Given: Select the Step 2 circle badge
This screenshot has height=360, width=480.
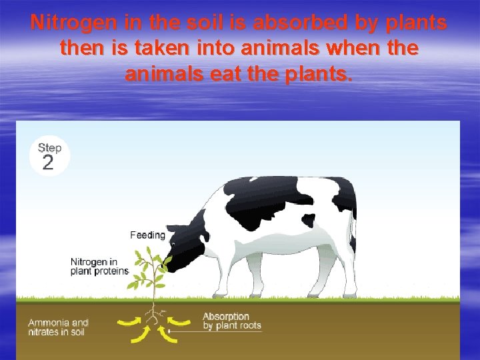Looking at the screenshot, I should pos(50,156).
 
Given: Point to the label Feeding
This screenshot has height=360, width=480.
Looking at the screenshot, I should pos(147,235).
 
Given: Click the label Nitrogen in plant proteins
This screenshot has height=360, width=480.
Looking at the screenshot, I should pos(99,266).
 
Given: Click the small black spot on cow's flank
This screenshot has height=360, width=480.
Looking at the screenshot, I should pos(309,220).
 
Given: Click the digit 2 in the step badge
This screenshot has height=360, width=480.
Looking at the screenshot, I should pos(48,163).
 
